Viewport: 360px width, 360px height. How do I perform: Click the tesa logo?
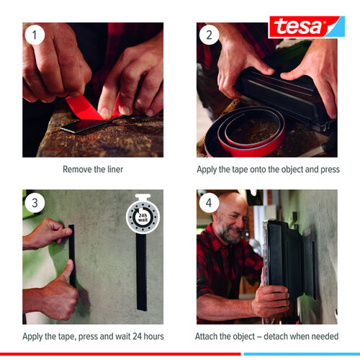pyautogui.click(x=297, y=27)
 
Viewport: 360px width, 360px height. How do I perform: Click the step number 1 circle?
pyautogui.click(x=34, y=35)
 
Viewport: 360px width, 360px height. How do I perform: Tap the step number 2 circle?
pyautogui.click(x=208, y=35)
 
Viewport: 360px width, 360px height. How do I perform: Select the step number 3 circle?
pyautogui.click(x=34, y=203)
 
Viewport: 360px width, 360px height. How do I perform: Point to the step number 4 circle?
pyautogui.click(x=208, y=203)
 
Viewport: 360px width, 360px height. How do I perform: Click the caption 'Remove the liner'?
pyautogui.click(x=92, y=170)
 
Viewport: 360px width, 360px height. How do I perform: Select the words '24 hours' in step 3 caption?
pyautogui.click(x=148, y=336)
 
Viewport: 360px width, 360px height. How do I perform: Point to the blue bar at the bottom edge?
pyautogui.click(x=301, y=354)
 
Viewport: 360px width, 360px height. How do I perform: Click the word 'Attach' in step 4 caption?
pyautogui.click(x=208, y=336)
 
